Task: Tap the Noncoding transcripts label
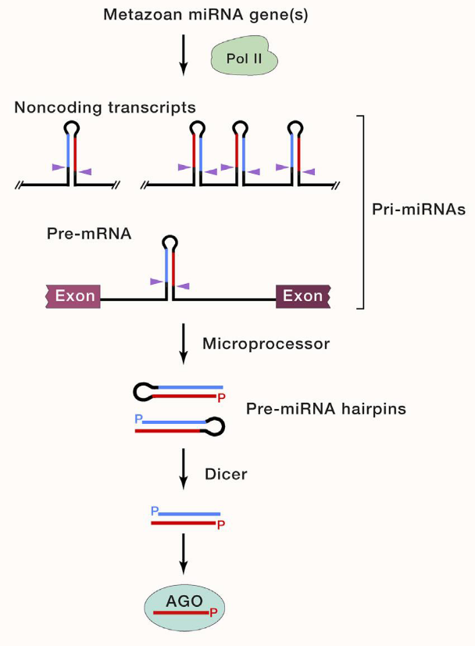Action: (105, 107)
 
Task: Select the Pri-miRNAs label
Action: (418, 210)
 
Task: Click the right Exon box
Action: (302, 296)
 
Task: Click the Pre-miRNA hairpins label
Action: (326, 408)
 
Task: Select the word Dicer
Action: (226, 473)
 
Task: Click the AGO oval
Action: (183, 606)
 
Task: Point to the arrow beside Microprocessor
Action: (183, 343)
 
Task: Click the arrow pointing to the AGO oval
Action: (183, 554)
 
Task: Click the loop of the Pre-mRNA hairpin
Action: (170, 241)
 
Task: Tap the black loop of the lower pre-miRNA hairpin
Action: (215, 425)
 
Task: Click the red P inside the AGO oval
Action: (212, 615)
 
